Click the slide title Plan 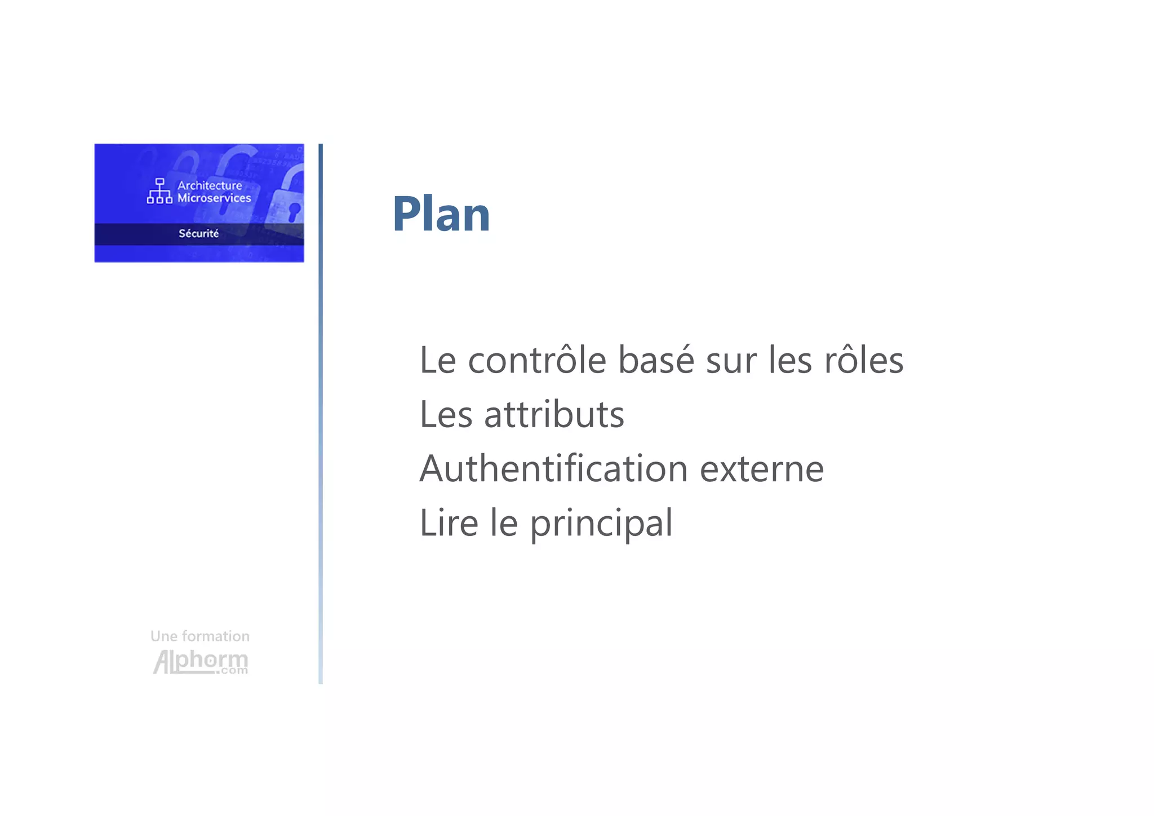pos(441,214)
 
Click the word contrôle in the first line pos(537,361)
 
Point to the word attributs pos(554,415)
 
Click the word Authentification pos(553,469)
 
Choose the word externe pos(761,470)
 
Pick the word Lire pos(449,523)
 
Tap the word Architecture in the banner pos(210,185)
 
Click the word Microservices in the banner pos(214,198)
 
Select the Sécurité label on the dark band pos(199,234)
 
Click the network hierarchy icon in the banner pos(159,191)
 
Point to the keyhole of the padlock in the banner pos(294,212)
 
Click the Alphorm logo pos(201,662)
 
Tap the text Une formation pos(200,636)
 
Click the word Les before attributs pos(446,415)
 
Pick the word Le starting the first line pos(438,361)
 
